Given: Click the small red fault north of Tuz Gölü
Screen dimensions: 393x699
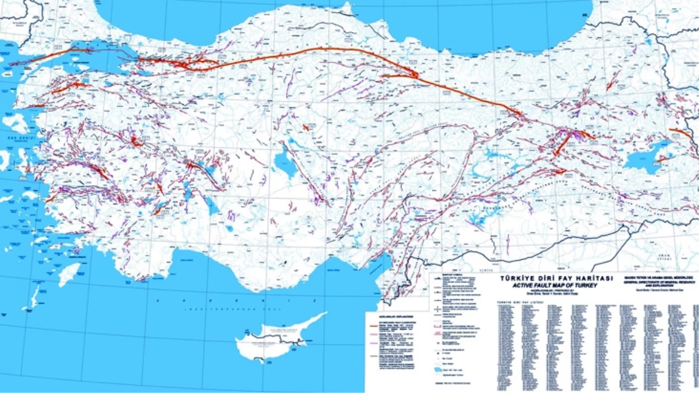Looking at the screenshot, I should tap(305, 126).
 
